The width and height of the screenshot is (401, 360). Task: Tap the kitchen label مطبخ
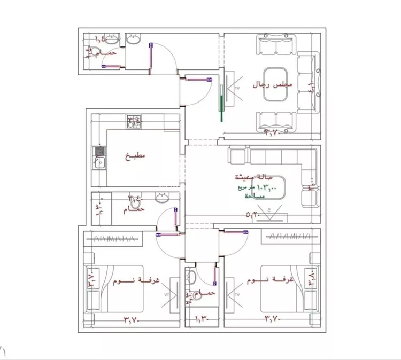pyautogui.click(x=136, y=156)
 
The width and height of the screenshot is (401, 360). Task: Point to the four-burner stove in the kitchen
pyautogui.click(x=133, y=122)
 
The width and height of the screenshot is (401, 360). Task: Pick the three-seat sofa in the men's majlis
pyautogui.click(x=310, y=83)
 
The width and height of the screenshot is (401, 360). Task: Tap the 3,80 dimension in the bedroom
pyautogui.click(x=311, y=279)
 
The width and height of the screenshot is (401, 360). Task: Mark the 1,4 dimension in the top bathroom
pyautogui.click(x=100, y=38)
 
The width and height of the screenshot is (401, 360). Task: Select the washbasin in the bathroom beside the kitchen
pyautogui.click(x=162, y=198)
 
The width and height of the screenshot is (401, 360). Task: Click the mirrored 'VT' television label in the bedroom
pyautogui.click(x=166, y=294)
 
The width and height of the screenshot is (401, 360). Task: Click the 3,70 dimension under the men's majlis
pyautogui.click(x=274, y=132)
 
